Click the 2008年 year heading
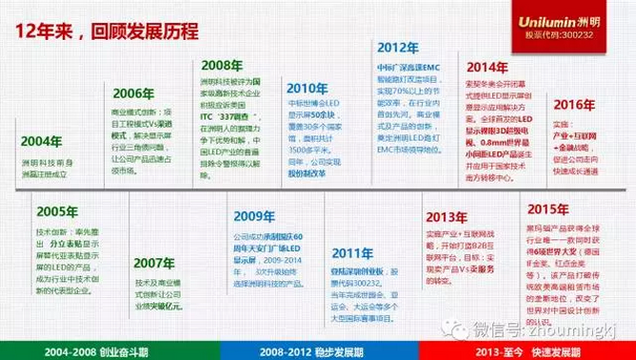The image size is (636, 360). (221, 65)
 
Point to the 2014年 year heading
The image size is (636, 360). (488, 68)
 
